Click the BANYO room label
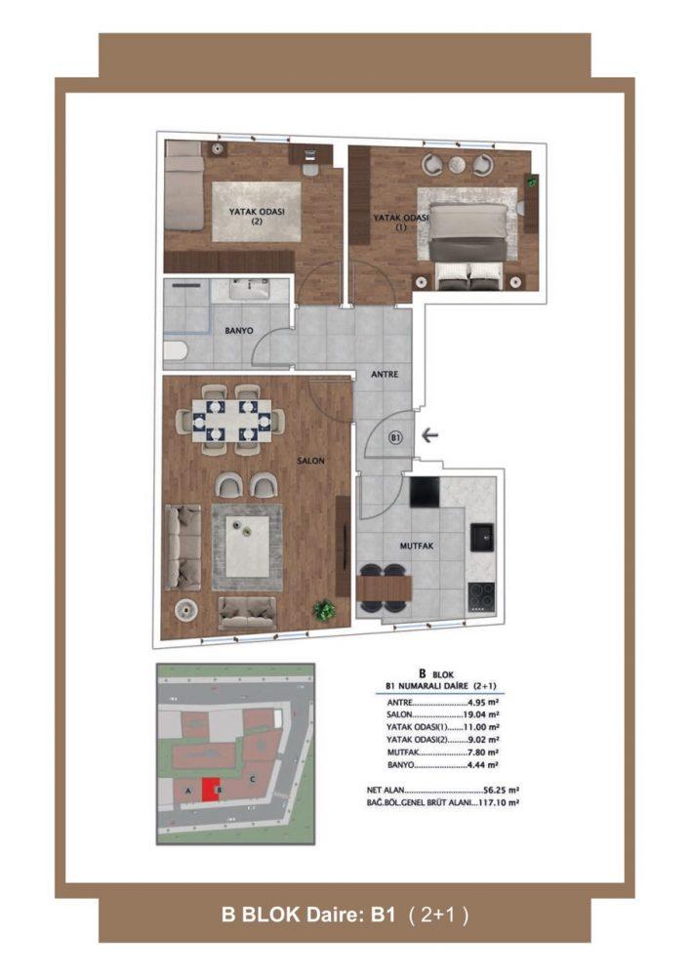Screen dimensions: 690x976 pyautogui.click(x=239, y=331)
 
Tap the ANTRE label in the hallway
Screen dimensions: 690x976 pyautogui.click(x=385, y=374)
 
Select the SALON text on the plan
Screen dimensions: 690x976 pyautogui.click(x=310, y=461)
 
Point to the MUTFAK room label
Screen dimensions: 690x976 pyautogui.click(x=416, y=546)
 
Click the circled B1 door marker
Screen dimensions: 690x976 pyautogui.click(x=395, y=437)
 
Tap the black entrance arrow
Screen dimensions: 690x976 pyautogui.click(x=430, y=435)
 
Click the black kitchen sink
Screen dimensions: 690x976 pyautogui.click(x=482, y=537)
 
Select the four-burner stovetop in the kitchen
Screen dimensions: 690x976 pyautogui.click(x=481, y=595)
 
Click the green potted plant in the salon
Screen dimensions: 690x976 pyautogui.click(x=324, y=609)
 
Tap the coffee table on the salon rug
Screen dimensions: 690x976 pyautogui.click(x=248, y=547)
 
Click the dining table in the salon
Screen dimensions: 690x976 pyautogui.click(x=231, y=420)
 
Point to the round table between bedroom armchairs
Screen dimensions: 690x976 pyautogui.click(x=458, y=164)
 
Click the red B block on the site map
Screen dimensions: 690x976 pyautogui.click(x=212, y=790)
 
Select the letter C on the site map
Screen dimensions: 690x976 pyautogui.click(x=253, y=779)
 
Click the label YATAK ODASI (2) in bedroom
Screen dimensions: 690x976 pyautogui.click(x=257, y=216)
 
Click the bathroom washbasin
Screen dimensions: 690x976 pyautogui.click(x=250, y=289)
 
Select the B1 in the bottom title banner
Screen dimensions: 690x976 pyautogui.click(x=383, y=915)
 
